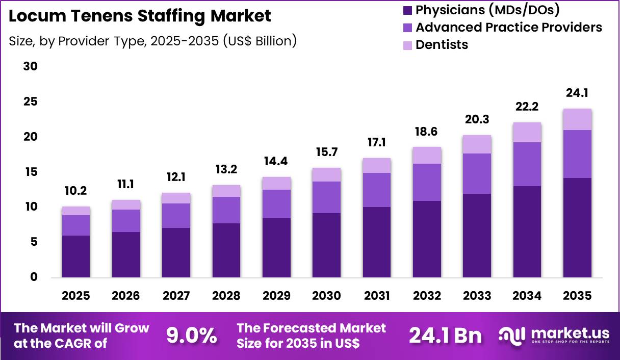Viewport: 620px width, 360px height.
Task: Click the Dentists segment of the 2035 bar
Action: coord(577,119)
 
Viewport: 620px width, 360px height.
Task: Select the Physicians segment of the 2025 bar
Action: coord(76,256)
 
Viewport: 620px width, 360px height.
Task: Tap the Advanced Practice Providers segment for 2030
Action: coord(326,197)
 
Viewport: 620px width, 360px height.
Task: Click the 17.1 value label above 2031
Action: coord(377,142)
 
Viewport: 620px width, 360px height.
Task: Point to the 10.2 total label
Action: coord(76,191)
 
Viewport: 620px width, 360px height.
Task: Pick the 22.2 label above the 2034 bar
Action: coord(527,107)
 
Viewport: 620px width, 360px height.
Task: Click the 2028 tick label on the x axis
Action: coord(226,296)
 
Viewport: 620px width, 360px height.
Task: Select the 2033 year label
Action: coord(477,296)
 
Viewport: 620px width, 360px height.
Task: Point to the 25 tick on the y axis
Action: coord(31,102)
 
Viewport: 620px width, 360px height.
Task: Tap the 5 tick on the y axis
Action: coord(34,242)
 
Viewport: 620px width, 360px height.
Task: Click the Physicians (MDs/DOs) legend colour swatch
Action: coord(407,10)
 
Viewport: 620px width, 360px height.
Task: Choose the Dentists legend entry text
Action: coord(442,44)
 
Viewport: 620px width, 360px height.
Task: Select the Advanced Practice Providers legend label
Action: coord(508,27)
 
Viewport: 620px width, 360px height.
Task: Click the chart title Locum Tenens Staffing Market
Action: coord(140,16)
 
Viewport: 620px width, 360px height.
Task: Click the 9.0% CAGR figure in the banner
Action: coord(191,336)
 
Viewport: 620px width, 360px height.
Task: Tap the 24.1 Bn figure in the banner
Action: coord(445,336)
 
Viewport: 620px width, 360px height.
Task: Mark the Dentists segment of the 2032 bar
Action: coord(427,155)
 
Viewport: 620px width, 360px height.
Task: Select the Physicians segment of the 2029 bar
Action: coord(276,248)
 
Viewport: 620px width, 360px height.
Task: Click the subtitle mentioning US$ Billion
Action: coord(152,41)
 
